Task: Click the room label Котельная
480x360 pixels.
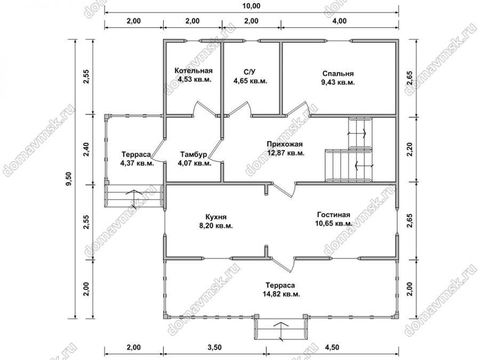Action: tap(194, 71)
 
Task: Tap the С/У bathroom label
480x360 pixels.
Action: tap(250, 72)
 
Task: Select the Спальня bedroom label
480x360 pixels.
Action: tap(338, 74)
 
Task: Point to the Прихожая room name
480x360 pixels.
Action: tap(285, 144)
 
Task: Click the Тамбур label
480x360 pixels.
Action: tap(194, 154)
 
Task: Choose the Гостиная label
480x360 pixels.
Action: tap(334, 214)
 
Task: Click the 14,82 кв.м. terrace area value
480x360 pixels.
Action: tap(281, 294)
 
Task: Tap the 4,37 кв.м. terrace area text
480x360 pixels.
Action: tap(137, 163)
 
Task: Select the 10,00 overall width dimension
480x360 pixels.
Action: tap(252, 6)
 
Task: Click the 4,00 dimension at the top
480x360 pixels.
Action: tap(340, 21)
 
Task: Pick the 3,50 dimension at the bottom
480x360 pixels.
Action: tap(214, 347)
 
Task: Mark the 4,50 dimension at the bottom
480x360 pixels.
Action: tap(332, 347)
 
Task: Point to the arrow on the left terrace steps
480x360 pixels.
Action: tap(134, 195)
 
